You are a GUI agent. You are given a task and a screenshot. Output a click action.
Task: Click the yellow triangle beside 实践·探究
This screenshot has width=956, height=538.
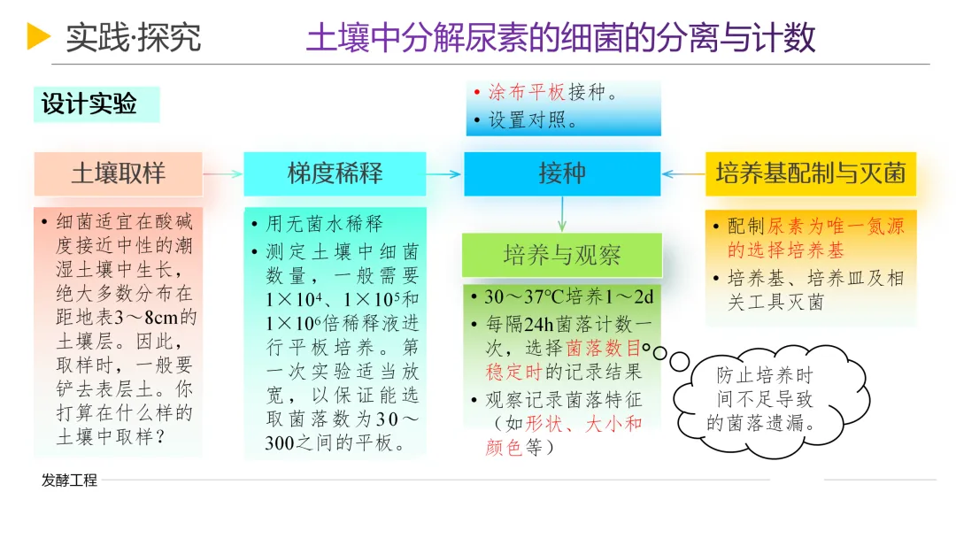(x=38, y=36)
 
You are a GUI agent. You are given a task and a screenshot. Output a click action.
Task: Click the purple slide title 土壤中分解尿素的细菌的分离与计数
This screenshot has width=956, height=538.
(x=560, y=38)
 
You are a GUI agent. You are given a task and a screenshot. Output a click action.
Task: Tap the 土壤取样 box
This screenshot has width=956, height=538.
(x=119, y=173)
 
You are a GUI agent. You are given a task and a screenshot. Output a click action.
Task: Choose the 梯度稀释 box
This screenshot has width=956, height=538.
(x=335, y=173)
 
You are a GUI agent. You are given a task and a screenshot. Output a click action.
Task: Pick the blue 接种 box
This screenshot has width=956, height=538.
(x=562, y=173)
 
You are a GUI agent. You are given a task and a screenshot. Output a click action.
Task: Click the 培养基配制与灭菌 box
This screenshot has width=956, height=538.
(x=810, y=173)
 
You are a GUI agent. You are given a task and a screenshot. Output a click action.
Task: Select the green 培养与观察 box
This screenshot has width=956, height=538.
(x=562, y=256)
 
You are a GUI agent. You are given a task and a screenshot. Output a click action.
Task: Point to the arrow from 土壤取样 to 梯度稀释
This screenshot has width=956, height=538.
(x=222, y=174)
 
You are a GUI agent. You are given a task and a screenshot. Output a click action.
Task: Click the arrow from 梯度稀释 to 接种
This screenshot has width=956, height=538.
(x=444, y=174)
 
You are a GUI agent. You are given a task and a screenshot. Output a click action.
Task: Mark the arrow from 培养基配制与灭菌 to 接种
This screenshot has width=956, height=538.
(x=683, y=174)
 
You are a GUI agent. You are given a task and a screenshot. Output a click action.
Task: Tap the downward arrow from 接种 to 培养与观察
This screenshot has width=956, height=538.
(x=562, y=214)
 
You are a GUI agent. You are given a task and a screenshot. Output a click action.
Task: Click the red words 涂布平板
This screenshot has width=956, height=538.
(x=528, y=93)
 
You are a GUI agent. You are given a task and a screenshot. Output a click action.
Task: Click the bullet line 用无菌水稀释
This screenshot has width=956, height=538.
(x=324, y=224)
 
